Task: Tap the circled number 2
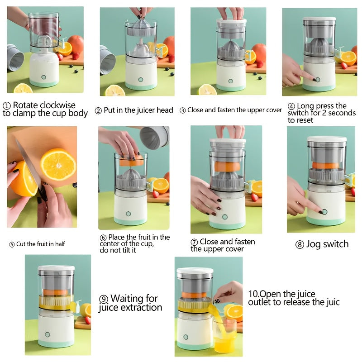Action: click(98, 110)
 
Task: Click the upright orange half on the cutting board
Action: click(58, 164)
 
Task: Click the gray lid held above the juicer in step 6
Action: click(154, 137)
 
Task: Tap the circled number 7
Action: click(194, 243)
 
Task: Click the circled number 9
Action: click(104, 299)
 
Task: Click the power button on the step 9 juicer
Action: click(47, 334)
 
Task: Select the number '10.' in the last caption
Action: click(253, 294)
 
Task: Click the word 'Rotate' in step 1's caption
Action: click(25, 105)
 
